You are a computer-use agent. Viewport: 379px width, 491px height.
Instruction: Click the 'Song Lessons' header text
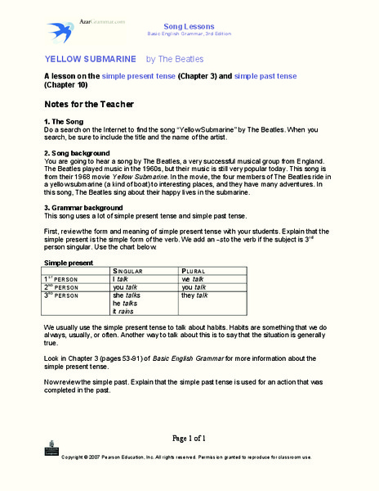point(188,26)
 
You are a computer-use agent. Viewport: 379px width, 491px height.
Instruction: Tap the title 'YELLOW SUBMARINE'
point(90,59)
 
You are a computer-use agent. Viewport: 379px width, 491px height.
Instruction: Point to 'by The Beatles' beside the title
point(175,59)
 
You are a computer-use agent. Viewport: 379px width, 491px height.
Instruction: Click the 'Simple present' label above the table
point(68,262)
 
